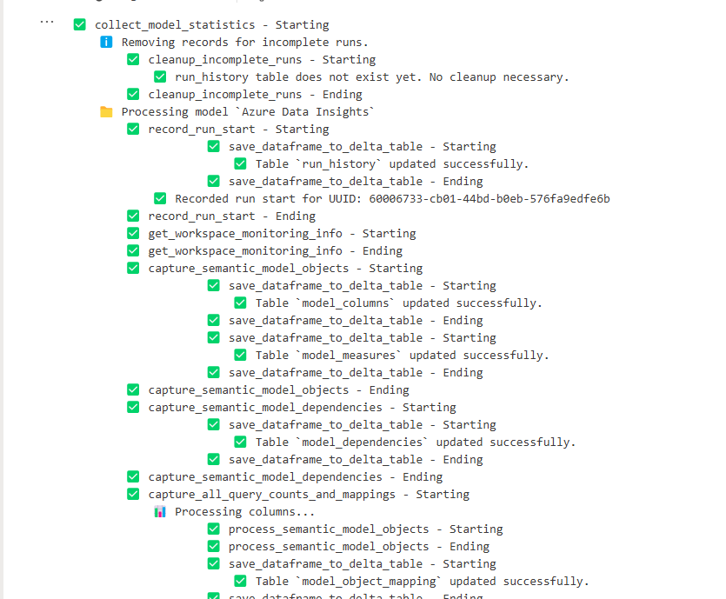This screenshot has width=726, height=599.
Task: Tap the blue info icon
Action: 106,42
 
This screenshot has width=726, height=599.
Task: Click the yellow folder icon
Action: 106,111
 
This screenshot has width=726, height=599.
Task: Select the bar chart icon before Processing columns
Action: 159,511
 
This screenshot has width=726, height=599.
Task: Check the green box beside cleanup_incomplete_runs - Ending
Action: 133,94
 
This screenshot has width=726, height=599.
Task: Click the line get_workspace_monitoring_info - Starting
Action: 282,233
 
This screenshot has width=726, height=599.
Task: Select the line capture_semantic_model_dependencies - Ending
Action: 295,476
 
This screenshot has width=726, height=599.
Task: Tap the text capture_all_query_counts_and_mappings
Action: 271,494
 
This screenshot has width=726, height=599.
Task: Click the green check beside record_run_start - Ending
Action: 133,216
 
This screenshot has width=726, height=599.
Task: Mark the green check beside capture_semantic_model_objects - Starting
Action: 133,268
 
